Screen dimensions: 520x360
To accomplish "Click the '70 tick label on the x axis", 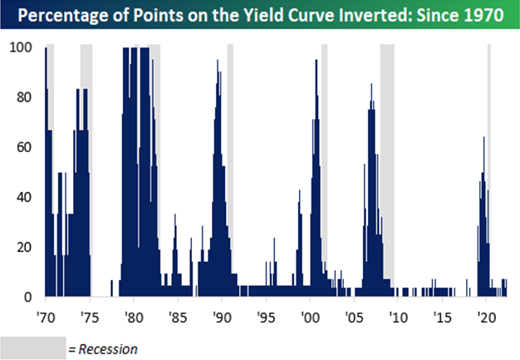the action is coord(46,318).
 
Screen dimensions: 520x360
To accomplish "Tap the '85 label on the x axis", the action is coord(178,318).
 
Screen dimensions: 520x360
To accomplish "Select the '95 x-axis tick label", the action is coord(266,318).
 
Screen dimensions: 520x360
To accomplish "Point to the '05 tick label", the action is coord(354,318).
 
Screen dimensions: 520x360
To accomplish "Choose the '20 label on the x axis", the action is coord(486,318).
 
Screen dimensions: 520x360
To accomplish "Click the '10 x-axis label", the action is coord(398,318).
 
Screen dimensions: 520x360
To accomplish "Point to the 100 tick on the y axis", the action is coord(21,47).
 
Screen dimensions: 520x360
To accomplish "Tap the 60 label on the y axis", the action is coord(24,147).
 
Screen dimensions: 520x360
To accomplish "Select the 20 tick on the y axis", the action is coord(24,247).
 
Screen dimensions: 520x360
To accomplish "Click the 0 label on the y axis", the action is coord(28,297).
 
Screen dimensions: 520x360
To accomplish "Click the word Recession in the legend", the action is coord(108,349).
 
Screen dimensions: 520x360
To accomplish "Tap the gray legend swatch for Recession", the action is coord(33,348).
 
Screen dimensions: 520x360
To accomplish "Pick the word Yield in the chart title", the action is coord(261,15).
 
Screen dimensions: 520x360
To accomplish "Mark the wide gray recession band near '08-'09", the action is coord(387,166).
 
